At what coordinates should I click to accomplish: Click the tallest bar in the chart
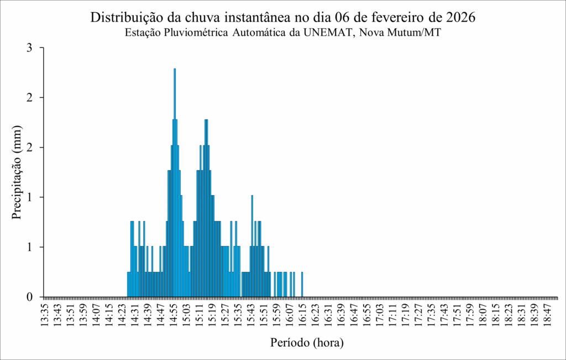pyautogui.click(x=175, y=182)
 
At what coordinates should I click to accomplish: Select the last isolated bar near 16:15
pyautogui.click(x=302, y=284)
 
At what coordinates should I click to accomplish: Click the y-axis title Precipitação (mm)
pyautogui.click(x=17, y=173)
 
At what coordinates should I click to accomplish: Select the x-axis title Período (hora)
pyautogui.click(x=307, y=342)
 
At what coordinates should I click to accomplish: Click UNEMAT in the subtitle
pyautogui.click(x=328, y=33)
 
